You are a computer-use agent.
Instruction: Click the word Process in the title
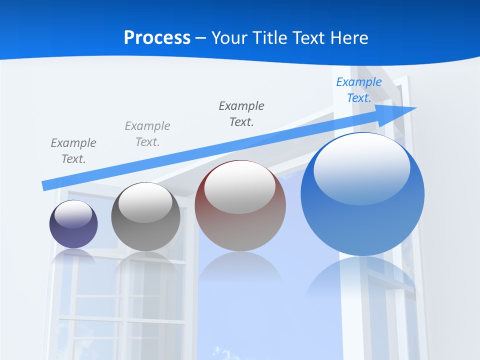157,38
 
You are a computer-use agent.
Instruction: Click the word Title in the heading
269,38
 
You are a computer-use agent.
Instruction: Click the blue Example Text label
358,90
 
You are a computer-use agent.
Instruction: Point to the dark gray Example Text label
241,113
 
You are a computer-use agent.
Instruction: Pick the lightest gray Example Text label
147,133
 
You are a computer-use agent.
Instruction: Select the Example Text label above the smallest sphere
73,150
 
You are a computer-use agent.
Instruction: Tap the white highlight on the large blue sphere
361,167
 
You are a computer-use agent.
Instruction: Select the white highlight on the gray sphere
145,202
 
